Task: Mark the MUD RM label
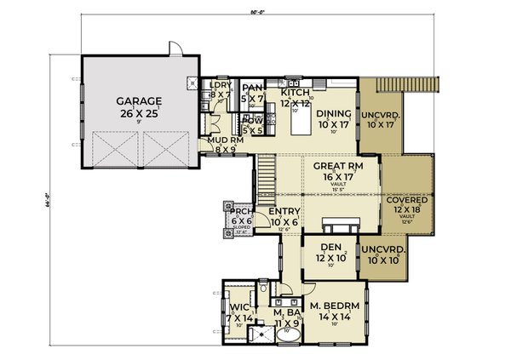pos(221,140)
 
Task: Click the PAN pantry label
pos(251,87)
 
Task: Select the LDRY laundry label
pos(221,85)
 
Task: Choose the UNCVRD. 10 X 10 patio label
pos(383,249)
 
